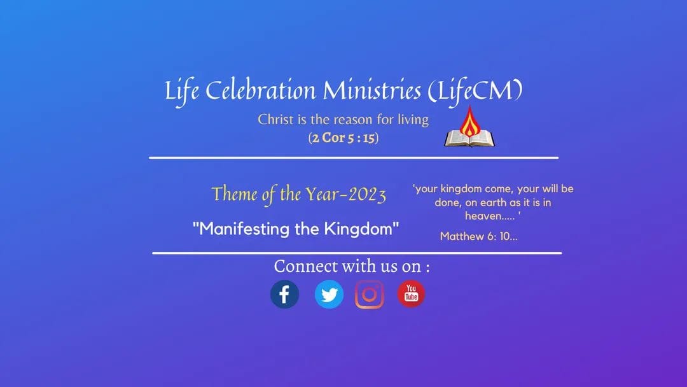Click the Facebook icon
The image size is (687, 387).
[x=284, y=294]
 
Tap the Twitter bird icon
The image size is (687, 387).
[x=329, y=294]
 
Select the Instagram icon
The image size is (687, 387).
[x=370, y=295]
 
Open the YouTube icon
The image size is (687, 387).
[x=411, y=293]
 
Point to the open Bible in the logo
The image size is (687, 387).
[x=469, y=139]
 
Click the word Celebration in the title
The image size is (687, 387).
[x=260, y=91]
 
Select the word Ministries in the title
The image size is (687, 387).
[x=372, y=91]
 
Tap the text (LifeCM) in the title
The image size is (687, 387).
[x=475, y=92]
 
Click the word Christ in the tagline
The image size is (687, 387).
[x=275, y=119]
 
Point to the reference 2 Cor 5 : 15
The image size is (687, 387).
[x=343, y=138]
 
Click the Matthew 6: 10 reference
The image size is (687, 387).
[x=478, y=236]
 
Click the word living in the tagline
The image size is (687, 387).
[x=413, y=120]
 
